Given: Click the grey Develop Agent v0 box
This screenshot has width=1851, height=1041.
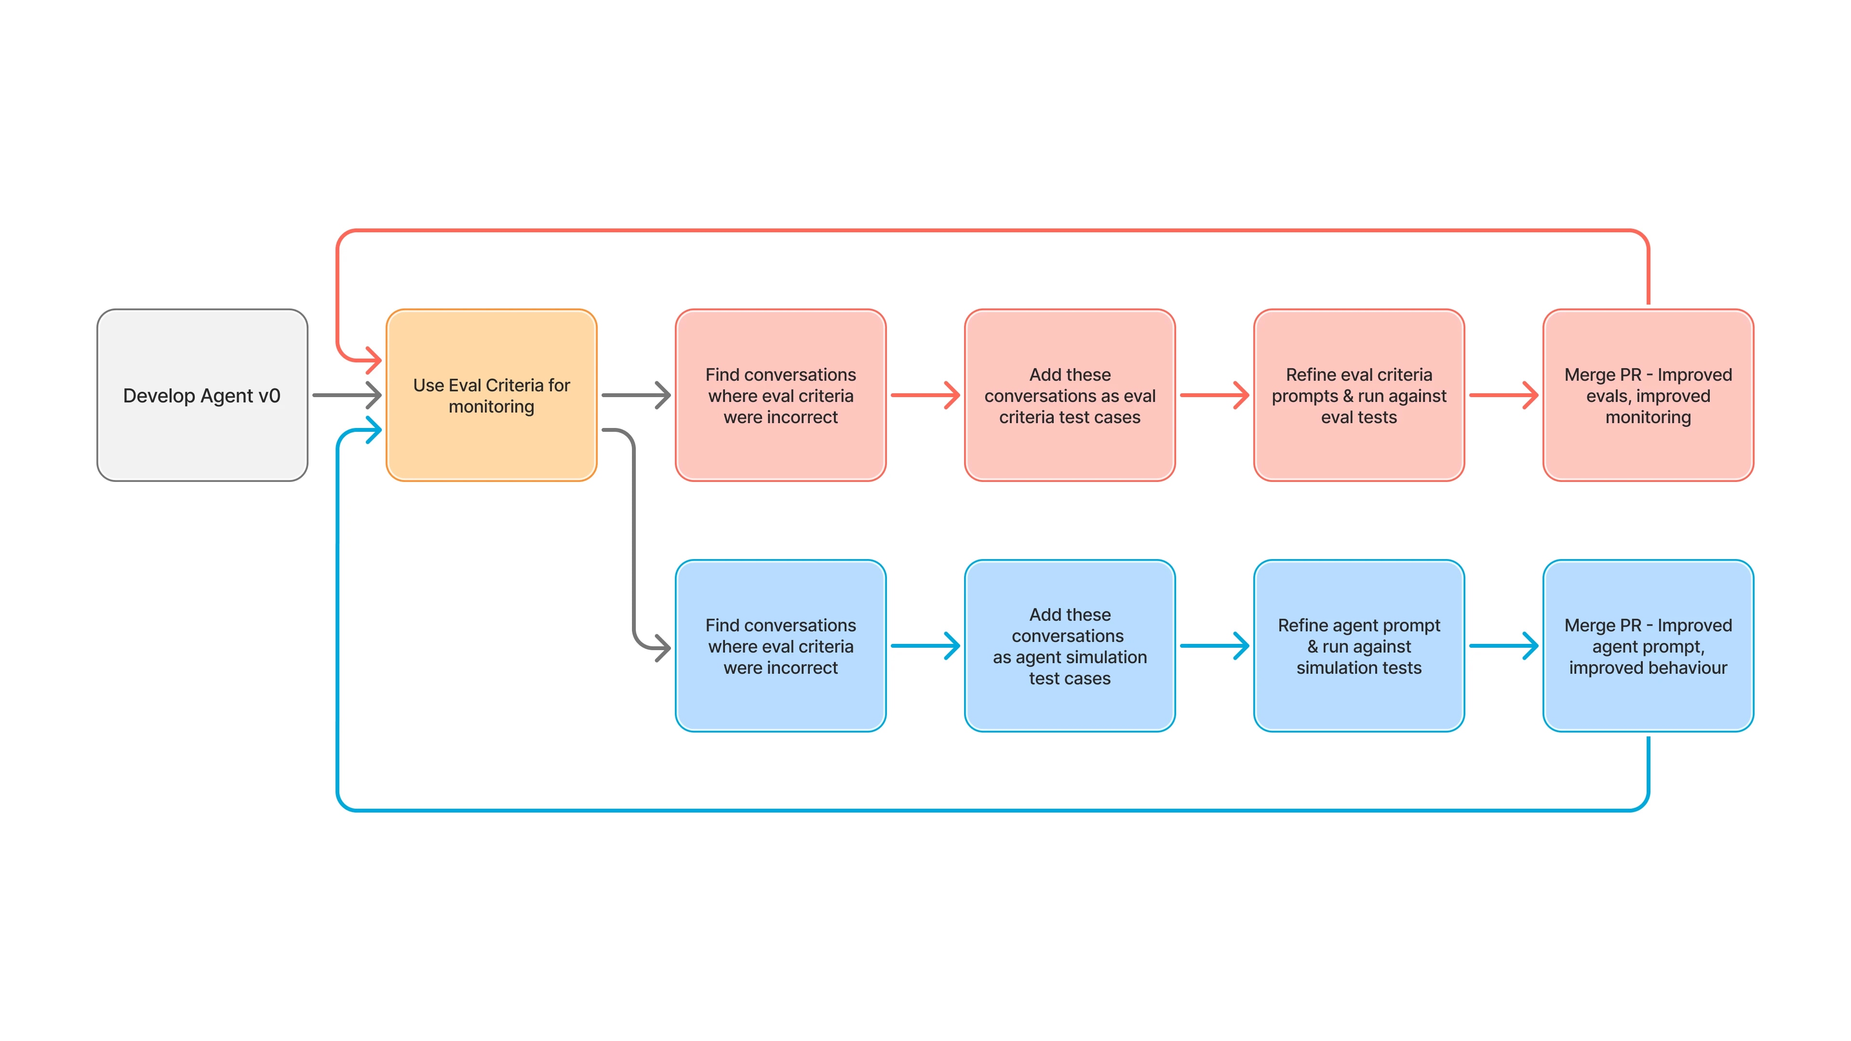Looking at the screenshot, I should click(x=202, y=395).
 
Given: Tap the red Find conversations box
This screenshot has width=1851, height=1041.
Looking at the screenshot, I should click(x=780, y=395).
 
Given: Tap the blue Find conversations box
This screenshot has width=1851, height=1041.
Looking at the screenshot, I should click(x=780, y=646).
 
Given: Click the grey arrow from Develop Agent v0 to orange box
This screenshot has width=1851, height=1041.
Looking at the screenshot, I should click(x=347, y=395).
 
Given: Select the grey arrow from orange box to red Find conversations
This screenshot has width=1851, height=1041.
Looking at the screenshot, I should click(x=635, y=395).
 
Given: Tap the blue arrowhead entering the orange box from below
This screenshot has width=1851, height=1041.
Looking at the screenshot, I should click(x=372, y=430).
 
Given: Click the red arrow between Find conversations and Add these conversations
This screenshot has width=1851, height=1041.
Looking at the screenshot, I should click(x=925, y=395).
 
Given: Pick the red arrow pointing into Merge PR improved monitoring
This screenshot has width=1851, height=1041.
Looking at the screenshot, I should click(x=1503, y=395).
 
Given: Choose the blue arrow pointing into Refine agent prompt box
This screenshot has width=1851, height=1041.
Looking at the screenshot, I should click(x=1214, y=646).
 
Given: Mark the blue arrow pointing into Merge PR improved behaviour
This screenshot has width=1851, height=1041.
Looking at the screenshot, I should click(x=1503, y=646).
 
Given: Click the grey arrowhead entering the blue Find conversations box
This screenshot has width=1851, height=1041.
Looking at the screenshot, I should click(x=661, y=647).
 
